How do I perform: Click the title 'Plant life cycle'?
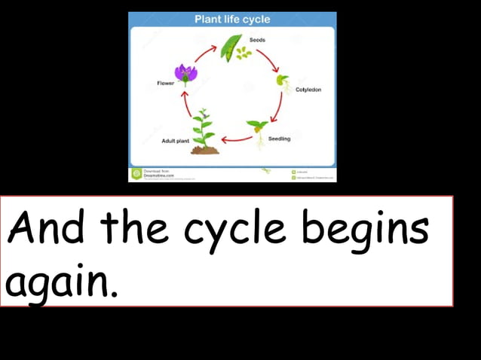[x=231, y=19]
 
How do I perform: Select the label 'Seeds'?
[x=257, y=39]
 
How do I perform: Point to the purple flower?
[x=185, y=73]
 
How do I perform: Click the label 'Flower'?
[x=165, y=84]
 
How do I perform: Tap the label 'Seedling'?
[x=280, y=139]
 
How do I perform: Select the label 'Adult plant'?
[x=175, y=141]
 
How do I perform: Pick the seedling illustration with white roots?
[x=257, y=133]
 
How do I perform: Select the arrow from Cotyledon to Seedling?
[x=277, y=108]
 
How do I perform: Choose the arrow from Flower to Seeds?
[x=204, y=53]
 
